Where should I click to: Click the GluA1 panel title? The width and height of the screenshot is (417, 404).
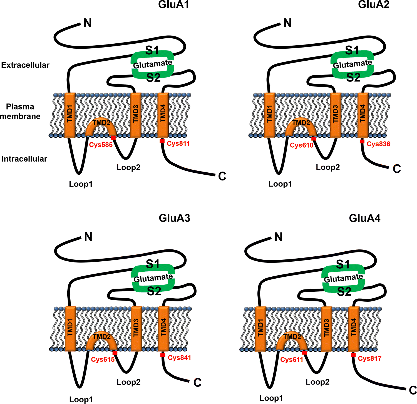tap(173, 5)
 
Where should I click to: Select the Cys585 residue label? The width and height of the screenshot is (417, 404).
tap(101, 145)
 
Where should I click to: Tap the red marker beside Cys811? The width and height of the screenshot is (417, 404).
tap(162, 141)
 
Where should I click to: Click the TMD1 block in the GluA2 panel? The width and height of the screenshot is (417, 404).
tap(269, 115)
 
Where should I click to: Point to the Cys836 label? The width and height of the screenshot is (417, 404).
tap(378, 144)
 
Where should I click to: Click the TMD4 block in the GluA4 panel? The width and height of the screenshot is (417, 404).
tap(354, 328)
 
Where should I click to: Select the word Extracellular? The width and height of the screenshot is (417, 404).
tap(25, 65)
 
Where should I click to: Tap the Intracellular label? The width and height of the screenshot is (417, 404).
tap(24, 159)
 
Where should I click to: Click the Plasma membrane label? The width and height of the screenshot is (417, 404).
tap(20, 111)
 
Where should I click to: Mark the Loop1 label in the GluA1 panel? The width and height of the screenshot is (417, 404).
tap(81, 184)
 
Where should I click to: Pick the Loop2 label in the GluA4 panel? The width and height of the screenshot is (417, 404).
tap(317, 382)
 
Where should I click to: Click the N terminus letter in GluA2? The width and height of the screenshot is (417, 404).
tap(287, 23)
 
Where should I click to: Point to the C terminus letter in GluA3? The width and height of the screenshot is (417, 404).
tap(197, 383)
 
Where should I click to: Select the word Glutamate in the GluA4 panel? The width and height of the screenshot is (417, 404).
tap(343, 278)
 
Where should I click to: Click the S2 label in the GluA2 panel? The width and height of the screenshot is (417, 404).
tap(353, 77)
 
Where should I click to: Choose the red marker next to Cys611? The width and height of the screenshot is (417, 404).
tap(304, 353)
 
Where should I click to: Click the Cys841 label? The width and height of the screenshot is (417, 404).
tap(179, 358)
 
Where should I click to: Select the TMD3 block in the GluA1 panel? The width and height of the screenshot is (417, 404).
tap(136, 115)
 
